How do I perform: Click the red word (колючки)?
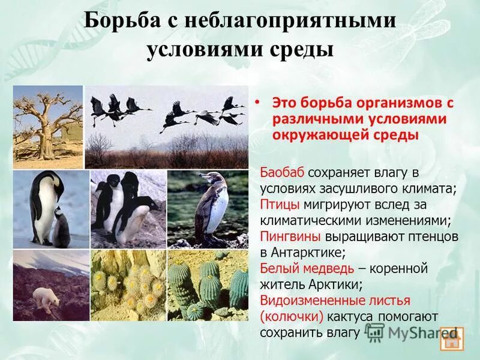coord(289,316)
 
